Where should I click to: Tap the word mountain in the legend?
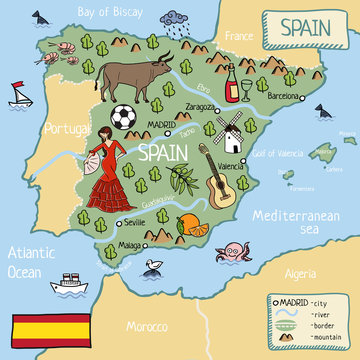point(325,338)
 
